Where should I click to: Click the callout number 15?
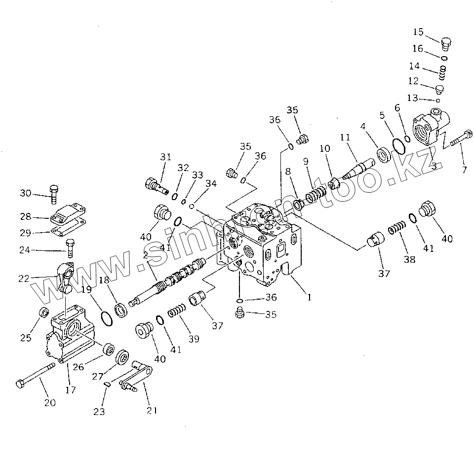tap(418, 33)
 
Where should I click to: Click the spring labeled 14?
tap(443, 73)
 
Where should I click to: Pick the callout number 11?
tap(345, 138)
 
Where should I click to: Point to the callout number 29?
tap(25, 233)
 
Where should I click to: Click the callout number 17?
tap(70, 390)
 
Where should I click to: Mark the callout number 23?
tap(99, 412)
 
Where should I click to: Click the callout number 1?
tap(309, 297)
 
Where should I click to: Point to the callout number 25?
tap(26, 338)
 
